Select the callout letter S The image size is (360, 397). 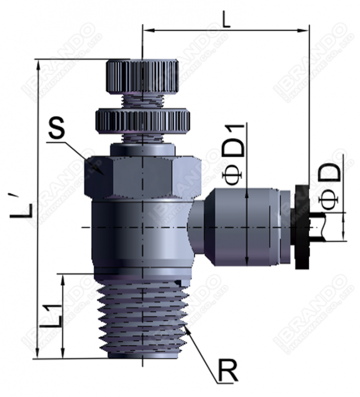(57, 129)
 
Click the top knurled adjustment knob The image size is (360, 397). (142, 76)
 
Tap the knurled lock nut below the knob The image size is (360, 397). (142, 121)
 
